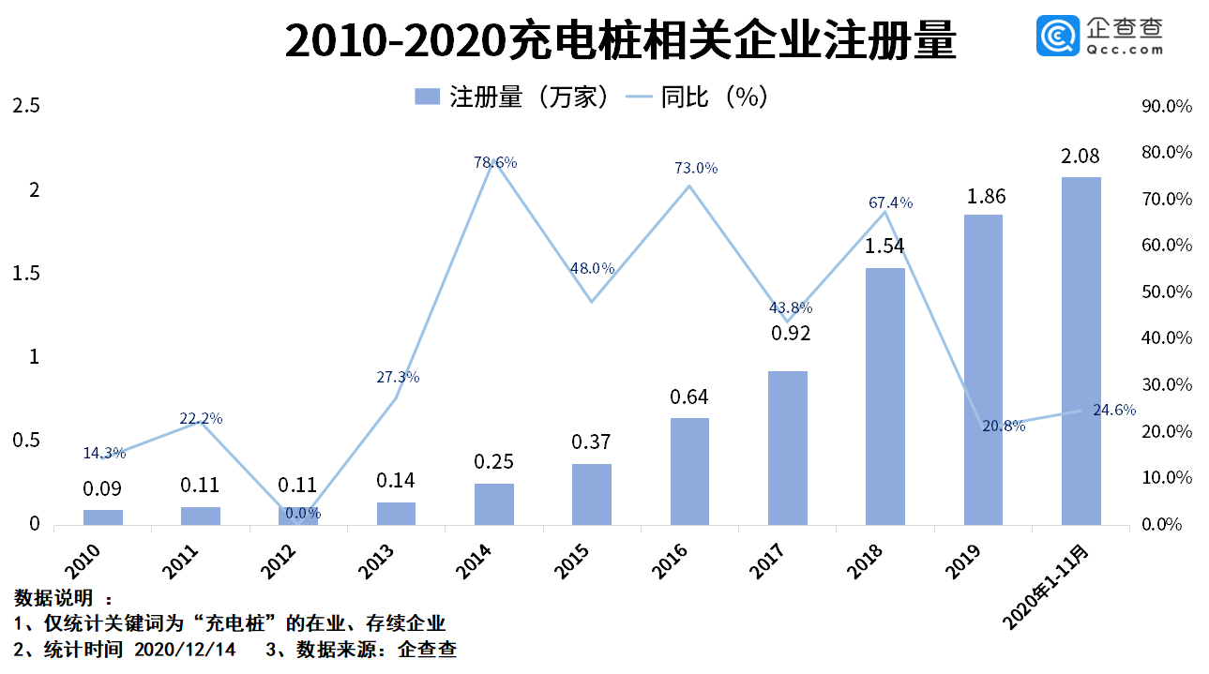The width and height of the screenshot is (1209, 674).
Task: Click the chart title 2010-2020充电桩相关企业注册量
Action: point(619,42)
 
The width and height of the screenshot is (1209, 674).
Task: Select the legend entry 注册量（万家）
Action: point(513,97)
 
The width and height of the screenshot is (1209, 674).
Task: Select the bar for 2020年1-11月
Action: point(1081,351)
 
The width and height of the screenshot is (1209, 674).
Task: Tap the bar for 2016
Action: point(689,471)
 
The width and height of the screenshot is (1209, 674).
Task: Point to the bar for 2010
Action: point(102,517)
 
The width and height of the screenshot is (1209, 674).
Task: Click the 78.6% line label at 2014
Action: point(495,163)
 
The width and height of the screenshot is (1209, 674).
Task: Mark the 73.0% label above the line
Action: point(696,169)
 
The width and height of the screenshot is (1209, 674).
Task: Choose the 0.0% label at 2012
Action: point(303,513)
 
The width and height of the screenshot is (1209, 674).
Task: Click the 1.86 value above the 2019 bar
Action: point(982,197)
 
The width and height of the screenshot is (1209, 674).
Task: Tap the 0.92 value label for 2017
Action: point(787,333)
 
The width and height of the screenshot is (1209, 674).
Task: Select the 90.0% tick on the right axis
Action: point(1166,107)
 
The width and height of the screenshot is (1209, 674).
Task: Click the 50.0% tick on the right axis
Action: point(1166,292)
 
